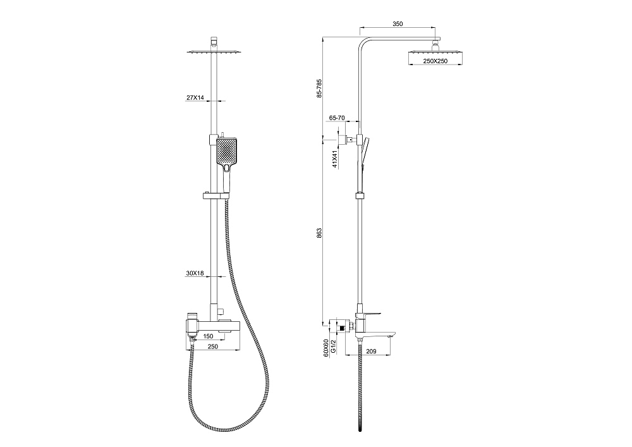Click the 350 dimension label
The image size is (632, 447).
coord(398,24)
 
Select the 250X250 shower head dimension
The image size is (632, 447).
coord(435,61)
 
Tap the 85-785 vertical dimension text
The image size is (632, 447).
coord(319,89)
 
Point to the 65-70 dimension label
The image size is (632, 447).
coord(337,118)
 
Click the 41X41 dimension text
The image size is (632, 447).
coord(335,159)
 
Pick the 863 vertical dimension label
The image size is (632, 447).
coord(319,233)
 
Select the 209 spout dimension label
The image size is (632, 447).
coord(371,352)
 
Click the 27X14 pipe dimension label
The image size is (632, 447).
coord(195,97)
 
